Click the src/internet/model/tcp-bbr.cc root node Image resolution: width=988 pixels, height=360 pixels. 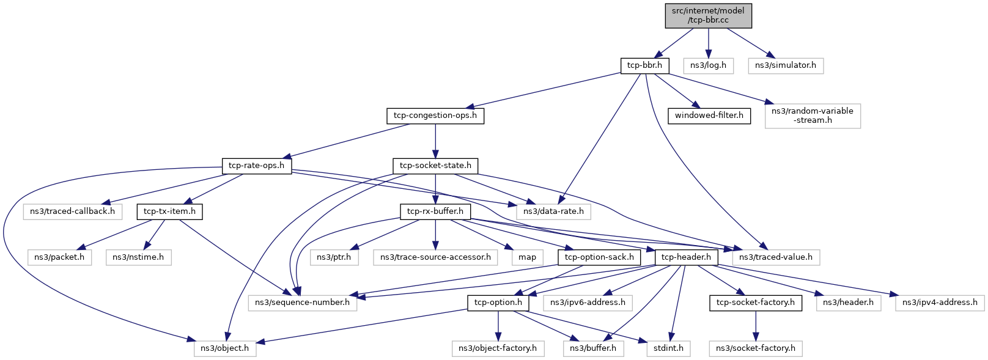tap(708, 15)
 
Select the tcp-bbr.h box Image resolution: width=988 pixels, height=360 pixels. tap(644, 65)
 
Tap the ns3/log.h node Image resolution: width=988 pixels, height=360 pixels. tap(708, 65)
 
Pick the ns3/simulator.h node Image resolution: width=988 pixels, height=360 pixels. tap(785, 65)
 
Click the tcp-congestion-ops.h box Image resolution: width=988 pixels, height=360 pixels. tap(435, 116)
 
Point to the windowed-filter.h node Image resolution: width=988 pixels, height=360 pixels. tap(709, 116)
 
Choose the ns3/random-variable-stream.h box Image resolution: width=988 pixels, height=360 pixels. tap(812, 116)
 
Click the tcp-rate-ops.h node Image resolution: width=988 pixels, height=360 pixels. tap(256, 166)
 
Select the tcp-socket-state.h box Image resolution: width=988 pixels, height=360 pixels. tap(435, 166)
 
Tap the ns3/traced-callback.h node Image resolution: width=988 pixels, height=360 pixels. tap(73, 211)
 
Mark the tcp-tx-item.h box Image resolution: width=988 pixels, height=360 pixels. tap(169, 211)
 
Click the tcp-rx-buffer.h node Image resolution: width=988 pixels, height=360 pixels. tap(435, 211)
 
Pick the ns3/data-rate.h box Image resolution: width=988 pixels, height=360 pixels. tap(553, 211)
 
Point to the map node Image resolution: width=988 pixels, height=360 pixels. tap(527, 257)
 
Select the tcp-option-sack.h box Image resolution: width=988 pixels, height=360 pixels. tap(599, 257)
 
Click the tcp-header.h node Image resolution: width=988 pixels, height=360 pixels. tap(686, 257)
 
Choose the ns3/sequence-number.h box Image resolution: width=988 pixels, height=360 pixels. tap(302, 303)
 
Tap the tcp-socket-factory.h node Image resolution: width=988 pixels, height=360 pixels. tap(755, 303)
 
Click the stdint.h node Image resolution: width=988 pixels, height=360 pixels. tap(668, 348)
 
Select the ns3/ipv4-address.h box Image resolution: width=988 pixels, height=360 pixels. tap(940, 303)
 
